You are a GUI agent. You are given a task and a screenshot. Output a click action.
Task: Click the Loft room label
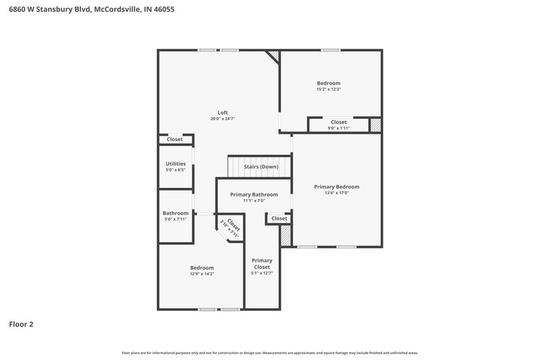[223, 112]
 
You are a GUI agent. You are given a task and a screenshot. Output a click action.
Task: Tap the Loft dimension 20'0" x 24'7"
[223, 119]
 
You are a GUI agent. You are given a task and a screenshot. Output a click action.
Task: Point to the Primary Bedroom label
[337, 186]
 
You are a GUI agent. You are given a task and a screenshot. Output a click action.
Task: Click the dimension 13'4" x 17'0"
[337, 193]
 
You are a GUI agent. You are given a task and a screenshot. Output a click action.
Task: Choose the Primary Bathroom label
[254, 195]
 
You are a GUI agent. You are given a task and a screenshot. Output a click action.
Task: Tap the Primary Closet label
[262, 263]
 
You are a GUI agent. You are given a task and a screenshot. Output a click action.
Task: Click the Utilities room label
[175, 163]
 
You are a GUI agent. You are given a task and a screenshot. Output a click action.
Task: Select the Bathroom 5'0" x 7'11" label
[175, 216]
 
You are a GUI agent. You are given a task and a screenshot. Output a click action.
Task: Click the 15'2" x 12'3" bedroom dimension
[329, 89]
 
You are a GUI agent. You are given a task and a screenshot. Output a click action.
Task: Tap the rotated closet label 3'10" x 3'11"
[230, 227]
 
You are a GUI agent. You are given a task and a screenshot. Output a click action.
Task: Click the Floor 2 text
[21, 324]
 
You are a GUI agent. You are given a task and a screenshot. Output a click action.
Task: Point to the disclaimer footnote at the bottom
[270, 353]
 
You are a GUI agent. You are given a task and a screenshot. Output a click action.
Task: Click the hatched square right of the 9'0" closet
[376, 125]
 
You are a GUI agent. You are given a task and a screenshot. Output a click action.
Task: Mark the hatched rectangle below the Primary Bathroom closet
[286, 235]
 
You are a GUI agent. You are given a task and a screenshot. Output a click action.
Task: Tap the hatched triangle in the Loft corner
[273, 55]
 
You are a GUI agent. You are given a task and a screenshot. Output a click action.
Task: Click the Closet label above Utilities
[175, 139]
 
